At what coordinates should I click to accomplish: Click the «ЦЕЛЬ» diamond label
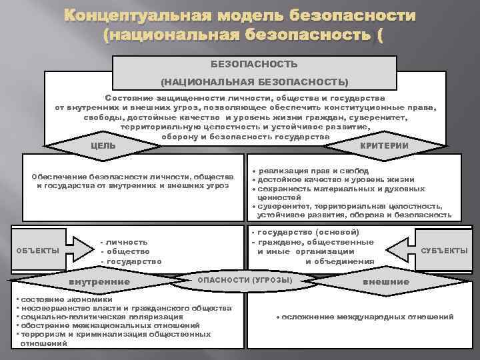pyautogui.click(x=103, y=145)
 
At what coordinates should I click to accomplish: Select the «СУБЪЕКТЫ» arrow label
pyautogui.click(x=445, y=251)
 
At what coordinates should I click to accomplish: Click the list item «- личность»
pyautogui.click(x=123, y=241)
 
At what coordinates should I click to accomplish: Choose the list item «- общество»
pyautogui.click(x=124, y=251)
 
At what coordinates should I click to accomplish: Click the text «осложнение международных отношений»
pyautogui.click(x=367, y=317)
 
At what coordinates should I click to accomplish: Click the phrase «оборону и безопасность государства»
pyautogui.click(x=245, y=136)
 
